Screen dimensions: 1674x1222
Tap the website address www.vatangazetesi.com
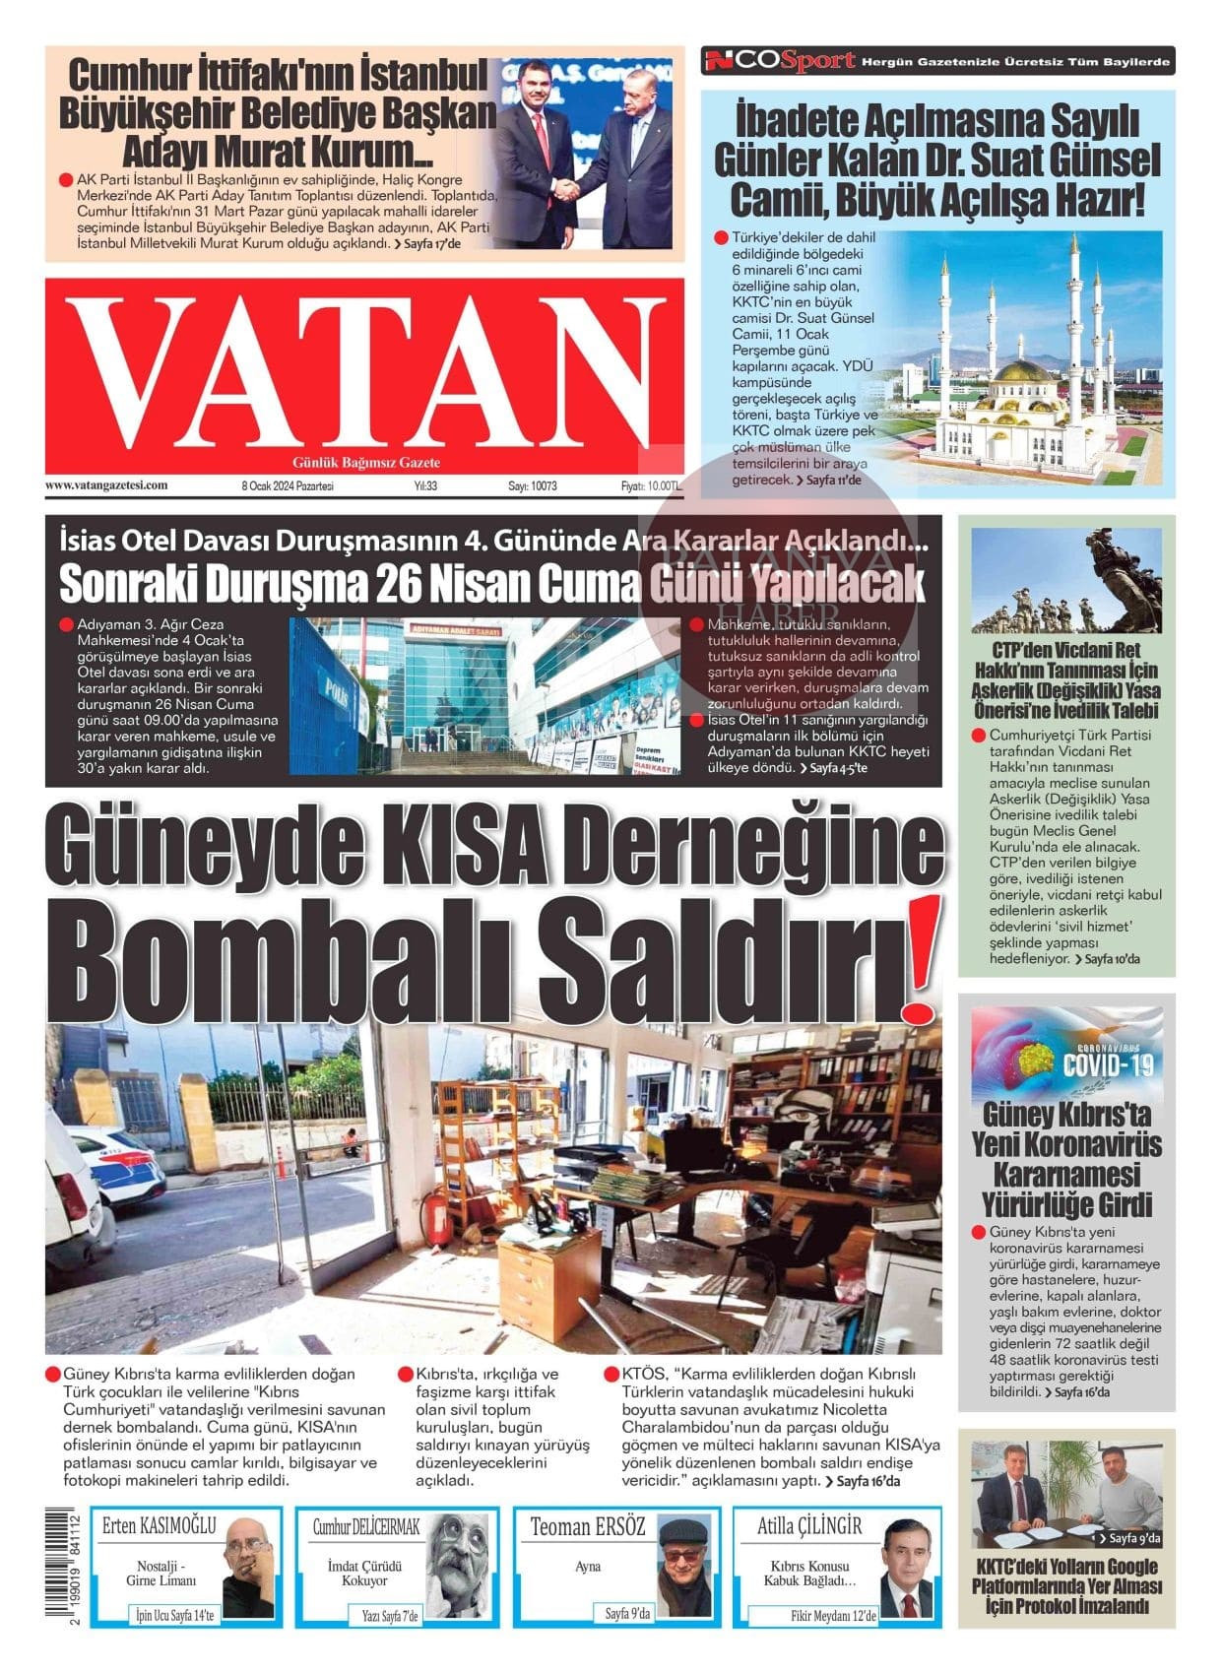coord(106,485)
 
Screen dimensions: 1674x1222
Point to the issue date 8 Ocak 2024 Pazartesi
coord(288,486)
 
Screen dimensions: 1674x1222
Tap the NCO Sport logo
coord(779,61)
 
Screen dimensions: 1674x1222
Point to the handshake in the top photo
coord(565,192)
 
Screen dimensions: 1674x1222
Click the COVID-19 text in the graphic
coord(1108,1064)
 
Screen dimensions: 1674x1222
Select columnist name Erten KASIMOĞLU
coord(159,1526)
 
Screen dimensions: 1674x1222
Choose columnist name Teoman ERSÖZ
coord(588,1527)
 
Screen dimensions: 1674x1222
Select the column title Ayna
coord(588,1567)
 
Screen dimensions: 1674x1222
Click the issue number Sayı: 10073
coord(533,486)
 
